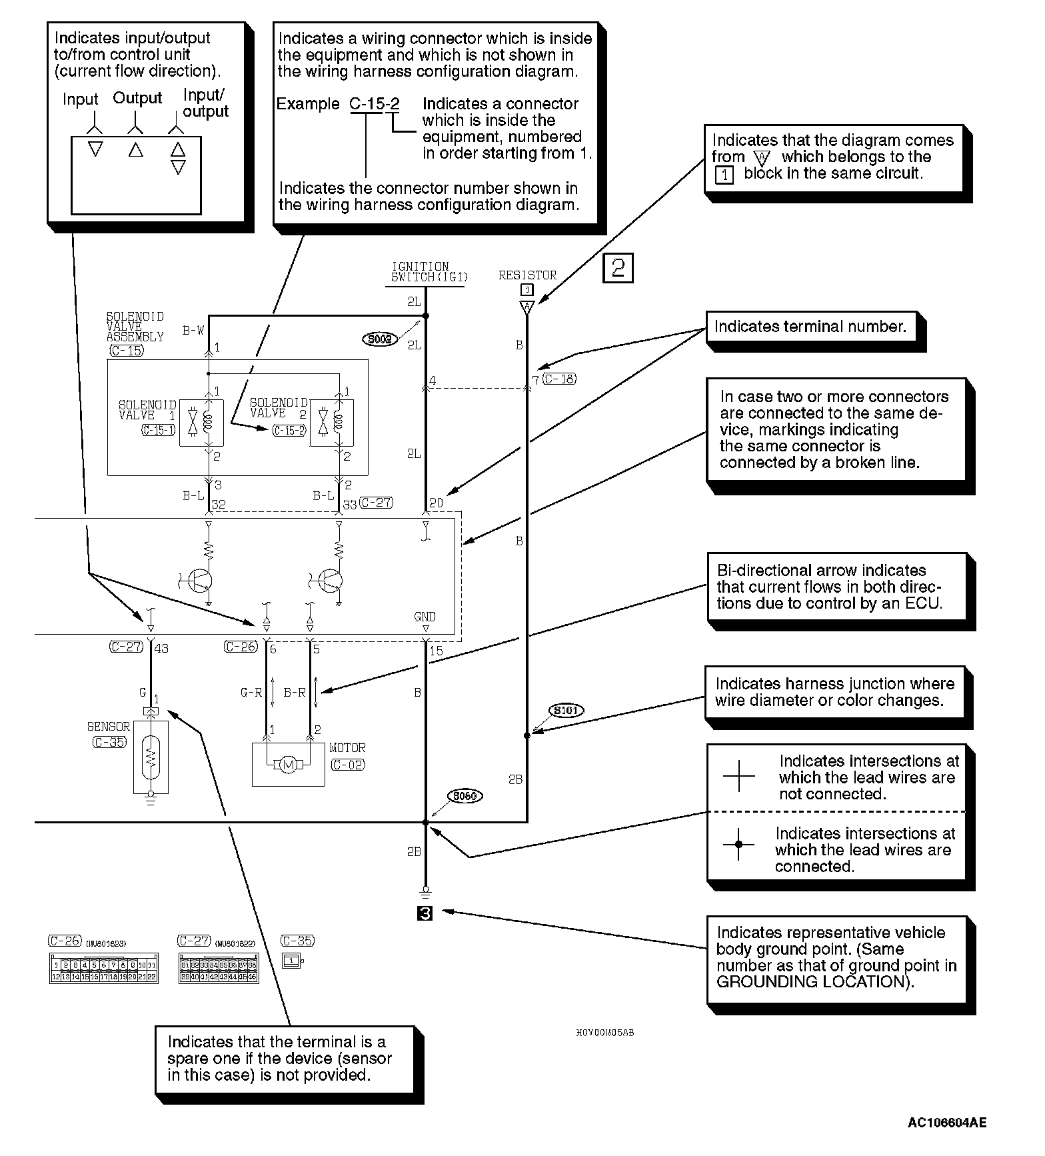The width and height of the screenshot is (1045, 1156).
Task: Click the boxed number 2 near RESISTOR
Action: (x=618, y=268)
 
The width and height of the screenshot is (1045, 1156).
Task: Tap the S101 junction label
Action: (x=565, y=711)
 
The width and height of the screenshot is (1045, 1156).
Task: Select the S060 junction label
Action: (x=465, y=796)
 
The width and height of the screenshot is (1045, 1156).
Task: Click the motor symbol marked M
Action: (x=288, y=765)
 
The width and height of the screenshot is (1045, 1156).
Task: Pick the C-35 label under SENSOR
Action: (x=109, y=742)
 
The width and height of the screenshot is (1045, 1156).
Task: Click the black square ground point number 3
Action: (x=425, y=913)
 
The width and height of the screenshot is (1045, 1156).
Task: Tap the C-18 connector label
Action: (x=559, y=379)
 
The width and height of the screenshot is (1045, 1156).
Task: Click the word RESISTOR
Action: (x=527, y=275)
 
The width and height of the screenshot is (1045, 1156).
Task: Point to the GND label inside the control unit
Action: (x=425, y=617)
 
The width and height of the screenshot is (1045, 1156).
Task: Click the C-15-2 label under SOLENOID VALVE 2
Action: (x=289, y=431)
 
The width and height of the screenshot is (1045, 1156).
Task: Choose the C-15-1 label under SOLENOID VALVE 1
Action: (x=159, y=431)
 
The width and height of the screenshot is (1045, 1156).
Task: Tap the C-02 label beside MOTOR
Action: (x=348, y=765)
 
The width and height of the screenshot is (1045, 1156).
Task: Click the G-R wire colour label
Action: (x=251, y=693)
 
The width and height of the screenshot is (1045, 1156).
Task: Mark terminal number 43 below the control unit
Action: (x=161, y=648)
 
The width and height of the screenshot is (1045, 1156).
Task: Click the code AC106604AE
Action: (x=946, y=1123)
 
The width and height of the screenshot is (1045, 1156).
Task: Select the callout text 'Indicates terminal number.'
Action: (x=810, y=327)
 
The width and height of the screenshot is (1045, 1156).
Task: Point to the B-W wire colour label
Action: (x=193, y=330)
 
